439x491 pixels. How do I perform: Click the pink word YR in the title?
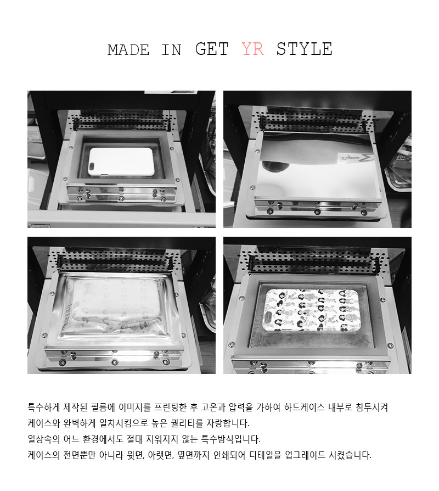(253, 49)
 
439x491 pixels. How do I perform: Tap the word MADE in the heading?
(128, 50)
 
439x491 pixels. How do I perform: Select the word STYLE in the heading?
(304, 49)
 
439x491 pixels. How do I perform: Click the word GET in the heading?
(212, 49)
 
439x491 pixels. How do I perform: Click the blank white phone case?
(121, 161)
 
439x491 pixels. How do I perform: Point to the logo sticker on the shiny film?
(354, 158)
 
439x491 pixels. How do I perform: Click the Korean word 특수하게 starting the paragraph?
(43, 408)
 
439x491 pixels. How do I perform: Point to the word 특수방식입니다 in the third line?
(230, 439)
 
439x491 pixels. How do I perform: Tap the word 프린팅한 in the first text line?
(170, 408)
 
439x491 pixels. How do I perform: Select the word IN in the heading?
(171, 50)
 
